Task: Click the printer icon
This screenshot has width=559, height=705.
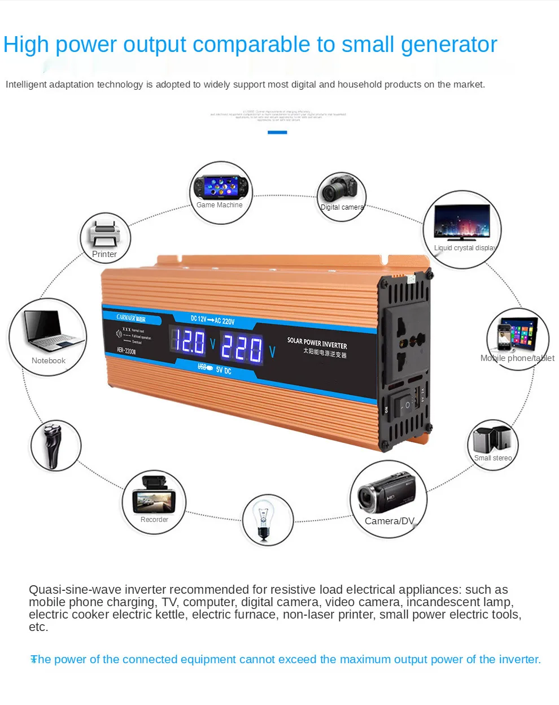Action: tap(105, 233)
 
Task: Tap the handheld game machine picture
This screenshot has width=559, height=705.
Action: tap(221, 186)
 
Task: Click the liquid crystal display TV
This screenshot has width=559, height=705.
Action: tap(462, 222)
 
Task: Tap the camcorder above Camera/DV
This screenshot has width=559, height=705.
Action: tap(387, 493)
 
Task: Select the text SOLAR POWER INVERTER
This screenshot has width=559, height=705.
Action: tap(317, 342)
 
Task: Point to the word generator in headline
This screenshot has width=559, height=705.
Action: tap(449, 45)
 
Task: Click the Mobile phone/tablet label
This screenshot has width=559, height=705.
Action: tap(517, 358)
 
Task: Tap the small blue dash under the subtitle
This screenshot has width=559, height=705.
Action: tap(277, 132)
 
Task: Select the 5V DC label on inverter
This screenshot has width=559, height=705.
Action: tap(224, 371)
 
